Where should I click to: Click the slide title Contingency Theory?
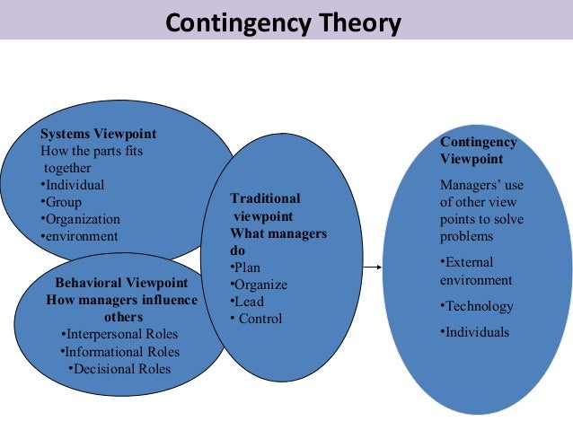click(283, 22)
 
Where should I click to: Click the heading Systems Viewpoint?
click(98, 135)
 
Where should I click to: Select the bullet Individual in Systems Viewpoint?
click(75, 185)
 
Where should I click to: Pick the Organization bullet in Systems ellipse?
click(82, 219)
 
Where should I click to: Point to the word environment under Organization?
click(81, 236)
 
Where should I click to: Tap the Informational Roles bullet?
click(122, 352)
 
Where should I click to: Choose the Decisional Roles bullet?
click(120, 368)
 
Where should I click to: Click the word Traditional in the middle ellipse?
click(266, 198)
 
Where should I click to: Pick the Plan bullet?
click(246, 268)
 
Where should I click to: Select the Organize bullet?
click(260, 285)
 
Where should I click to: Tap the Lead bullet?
click(249, 302)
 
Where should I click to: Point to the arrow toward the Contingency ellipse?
click(375, 267)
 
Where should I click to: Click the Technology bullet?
click(479, 307)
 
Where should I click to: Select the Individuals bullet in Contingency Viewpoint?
click(476, 332)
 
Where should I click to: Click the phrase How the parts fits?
click(92, 151)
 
